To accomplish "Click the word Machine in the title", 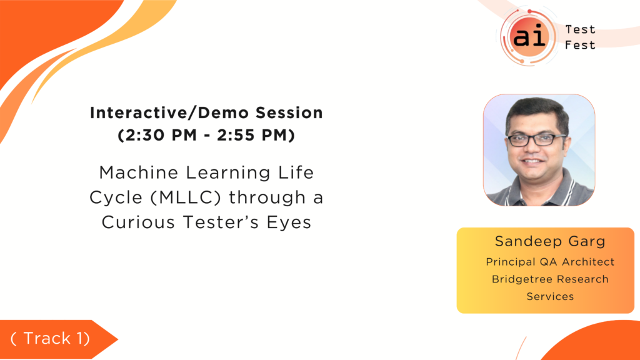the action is pos(139,172).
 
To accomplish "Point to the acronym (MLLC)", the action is pos(186,197).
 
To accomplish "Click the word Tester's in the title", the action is pos(221,222).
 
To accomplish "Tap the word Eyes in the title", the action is pos(289,223).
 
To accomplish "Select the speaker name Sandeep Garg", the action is pos(550,242).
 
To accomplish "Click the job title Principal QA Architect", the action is pos(550,262).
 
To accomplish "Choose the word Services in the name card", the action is pos(550,296).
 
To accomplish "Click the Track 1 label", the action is pos(50,338).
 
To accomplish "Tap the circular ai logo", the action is pos(529,37).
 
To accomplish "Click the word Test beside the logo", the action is pos(580,30).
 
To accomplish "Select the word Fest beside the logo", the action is pos(580,45).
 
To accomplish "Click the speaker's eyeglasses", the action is pos(536,140).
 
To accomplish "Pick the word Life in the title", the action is pos(296,172).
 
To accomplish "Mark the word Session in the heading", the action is pos(289,113).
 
